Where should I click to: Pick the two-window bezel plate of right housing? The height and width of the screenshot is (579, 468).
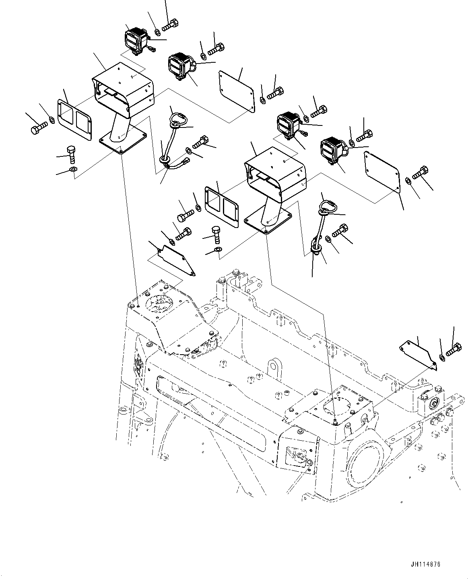point(222,205)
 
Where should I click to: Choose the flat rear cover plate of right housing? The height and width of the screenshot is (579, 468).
point(381,173)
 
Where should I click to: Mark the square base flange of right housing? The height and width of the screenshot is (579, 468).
point(268,222)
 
